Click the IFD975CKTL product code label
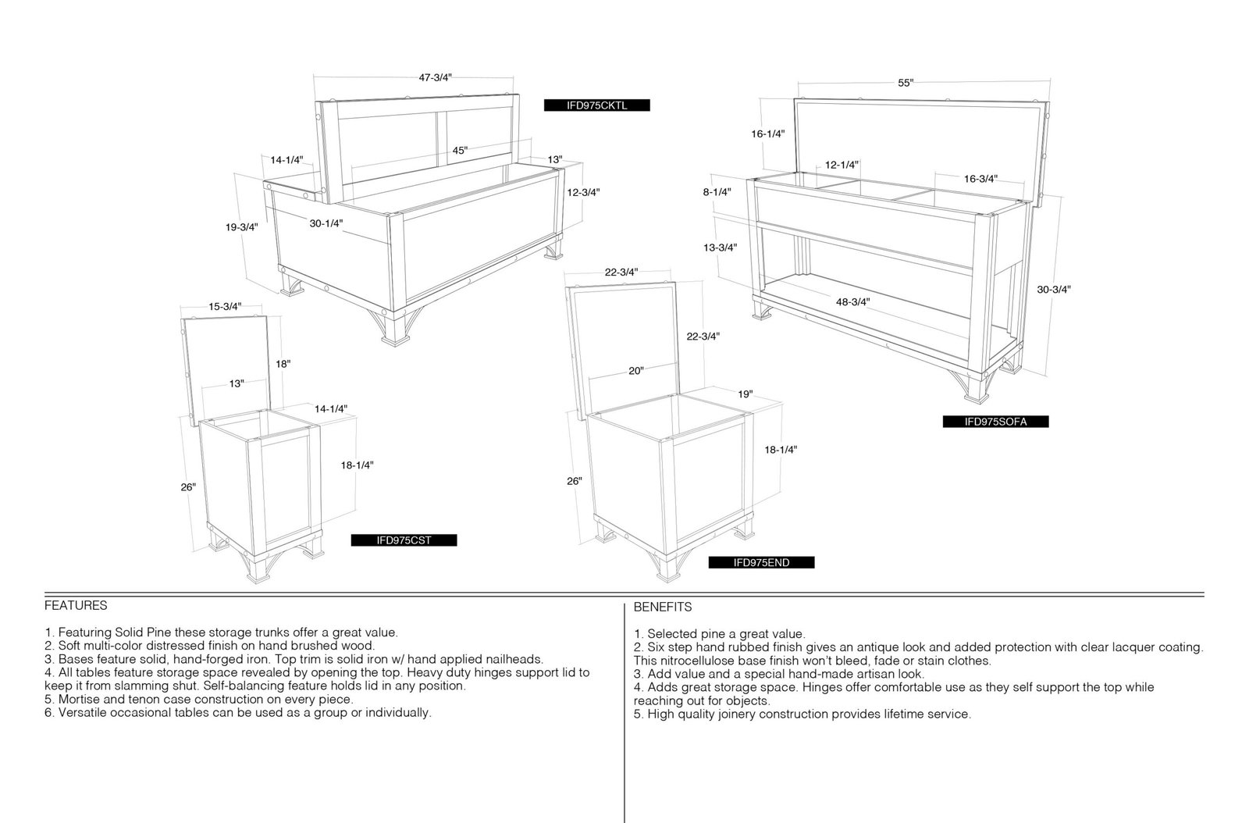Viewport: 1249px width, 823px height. [596, 105]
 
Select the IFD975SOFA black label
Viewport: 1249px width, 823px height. [995, 422]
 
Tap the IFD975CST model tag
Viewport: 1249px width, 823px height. [404, 540]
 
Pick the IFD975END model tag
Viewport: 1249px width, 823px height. [761, 563]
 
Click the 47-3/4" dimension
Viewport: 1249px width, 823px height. [436, 77]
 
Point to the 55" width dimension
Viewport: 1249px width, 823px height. [906, 83]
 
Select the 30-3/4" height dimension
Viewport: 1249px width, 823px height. [1054, 290]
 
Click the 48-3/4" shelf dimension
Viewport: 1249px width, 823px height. [852, 301]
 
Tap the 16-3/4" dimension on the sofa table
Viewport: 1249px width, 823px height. [980, 179]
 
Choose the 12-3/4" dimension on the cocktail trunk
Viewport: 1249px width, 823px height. [583, 192]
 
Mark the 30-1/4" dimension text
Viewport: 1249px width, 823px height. [326, 223]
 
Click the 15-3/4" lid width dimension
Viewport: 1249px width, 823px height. [226, 307]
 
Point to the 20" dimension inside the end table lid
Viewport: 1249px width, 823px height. [636, 371]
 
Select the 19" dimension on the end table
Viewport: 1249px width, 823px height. [745, 394]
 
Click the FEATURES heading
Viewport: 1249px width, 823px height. [76, 606]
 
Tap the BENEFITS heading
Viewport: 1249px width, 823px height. [663, 607]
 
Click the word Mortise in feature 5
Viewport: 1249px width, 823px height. [79, 699]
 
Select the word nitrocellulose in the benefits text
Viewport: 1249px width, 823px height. [698, 661]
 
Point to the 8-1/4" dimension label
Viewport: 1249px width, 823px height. [717, 192]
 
